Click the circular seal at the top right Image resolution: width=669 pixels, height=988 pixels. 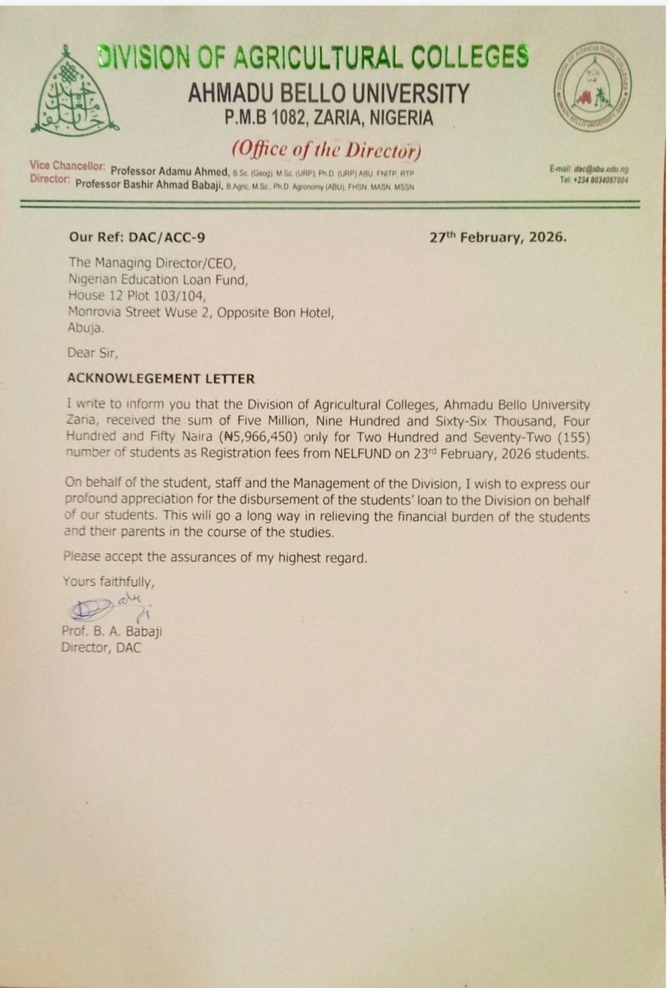[593, 86]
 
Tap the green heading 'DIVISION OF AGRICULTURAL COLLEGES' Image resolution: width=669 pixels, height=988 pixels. [314, 58]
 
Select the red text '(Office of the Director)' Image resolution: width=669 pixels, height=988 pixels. [326, 149]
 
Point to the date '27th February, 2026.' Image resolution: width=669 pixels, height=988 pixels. [498, 237]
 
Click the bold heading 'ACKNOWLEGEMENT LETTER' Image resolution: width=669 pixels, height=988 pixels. [161, 379]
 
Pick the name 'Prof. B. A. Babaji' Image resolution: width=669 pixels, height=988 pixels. [111, 632]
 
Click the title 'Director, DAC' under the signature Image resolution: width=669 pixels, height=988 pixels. [101, 648]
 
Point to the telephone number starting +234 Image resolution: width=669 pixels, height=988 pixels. [594, 180]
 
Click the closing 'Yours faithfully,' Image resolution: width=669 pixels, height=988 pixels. [108, 582]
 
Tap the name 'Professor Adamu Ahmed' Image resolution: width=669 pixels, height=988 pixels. [170, 171]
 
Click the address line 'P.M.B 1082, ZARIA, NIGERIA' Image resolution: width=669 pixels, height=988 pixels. [328, 119]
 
